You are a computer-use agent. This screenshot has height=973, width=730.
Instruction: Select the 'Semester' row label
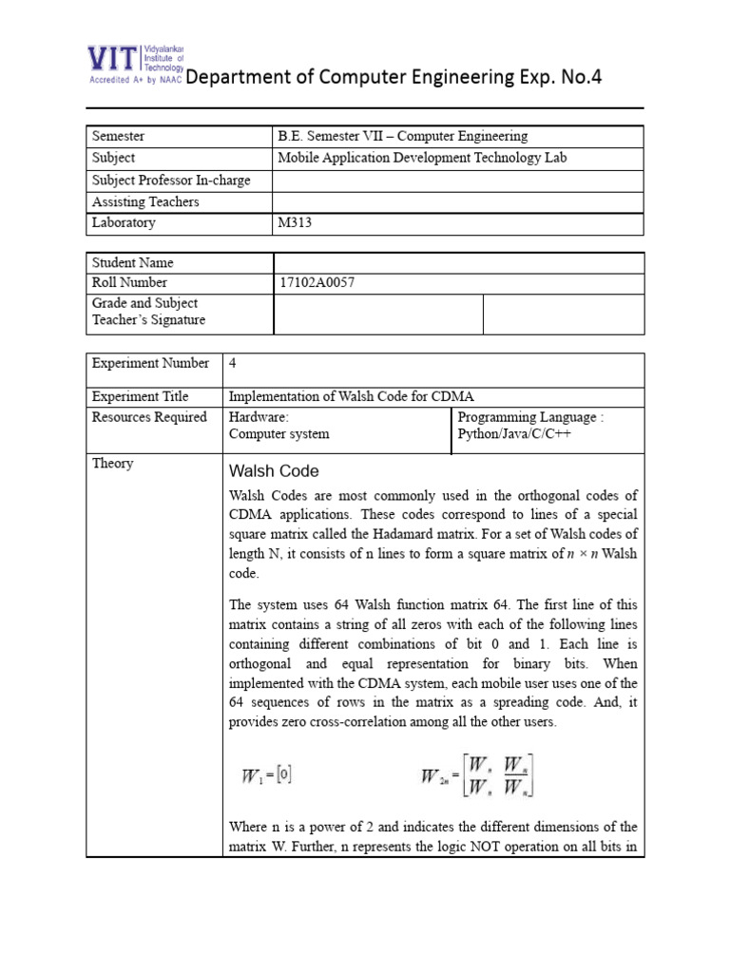118,137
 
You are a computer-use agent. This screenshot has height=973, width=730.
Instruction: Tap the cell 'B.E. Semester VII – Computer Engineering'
402,137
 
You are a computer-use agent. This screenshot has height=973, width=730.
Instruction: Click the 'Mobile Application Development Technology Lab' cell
422,158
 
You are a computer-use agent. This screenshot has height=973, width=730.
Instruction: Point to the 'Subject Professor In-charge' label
171,180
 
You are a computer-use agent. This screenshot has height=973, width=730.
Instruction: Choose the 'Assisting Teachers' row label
145,201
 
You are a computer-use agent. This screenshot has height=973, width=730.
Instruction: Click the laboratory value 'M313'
294,223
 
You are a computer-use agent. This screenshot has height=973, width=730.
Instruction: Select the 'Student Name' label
132,262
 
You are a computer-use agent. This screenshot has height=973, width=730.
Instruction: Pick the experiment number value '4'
233,364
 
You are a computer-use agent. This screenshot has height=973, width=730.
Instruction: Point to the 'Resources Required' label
149,417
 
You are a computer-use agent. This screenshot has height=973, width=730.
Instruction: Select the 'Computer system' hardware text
279,434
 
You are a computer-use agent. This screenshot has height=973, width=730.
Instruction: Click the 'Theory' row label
112,464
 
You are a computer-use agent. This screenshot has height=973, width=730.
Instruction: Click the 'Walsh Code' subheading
274,471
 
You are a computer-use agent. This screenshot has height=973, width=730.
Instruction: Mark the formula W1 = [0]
266,775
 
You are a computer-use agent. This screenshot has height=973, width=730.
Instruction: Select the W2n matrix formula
478,775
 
